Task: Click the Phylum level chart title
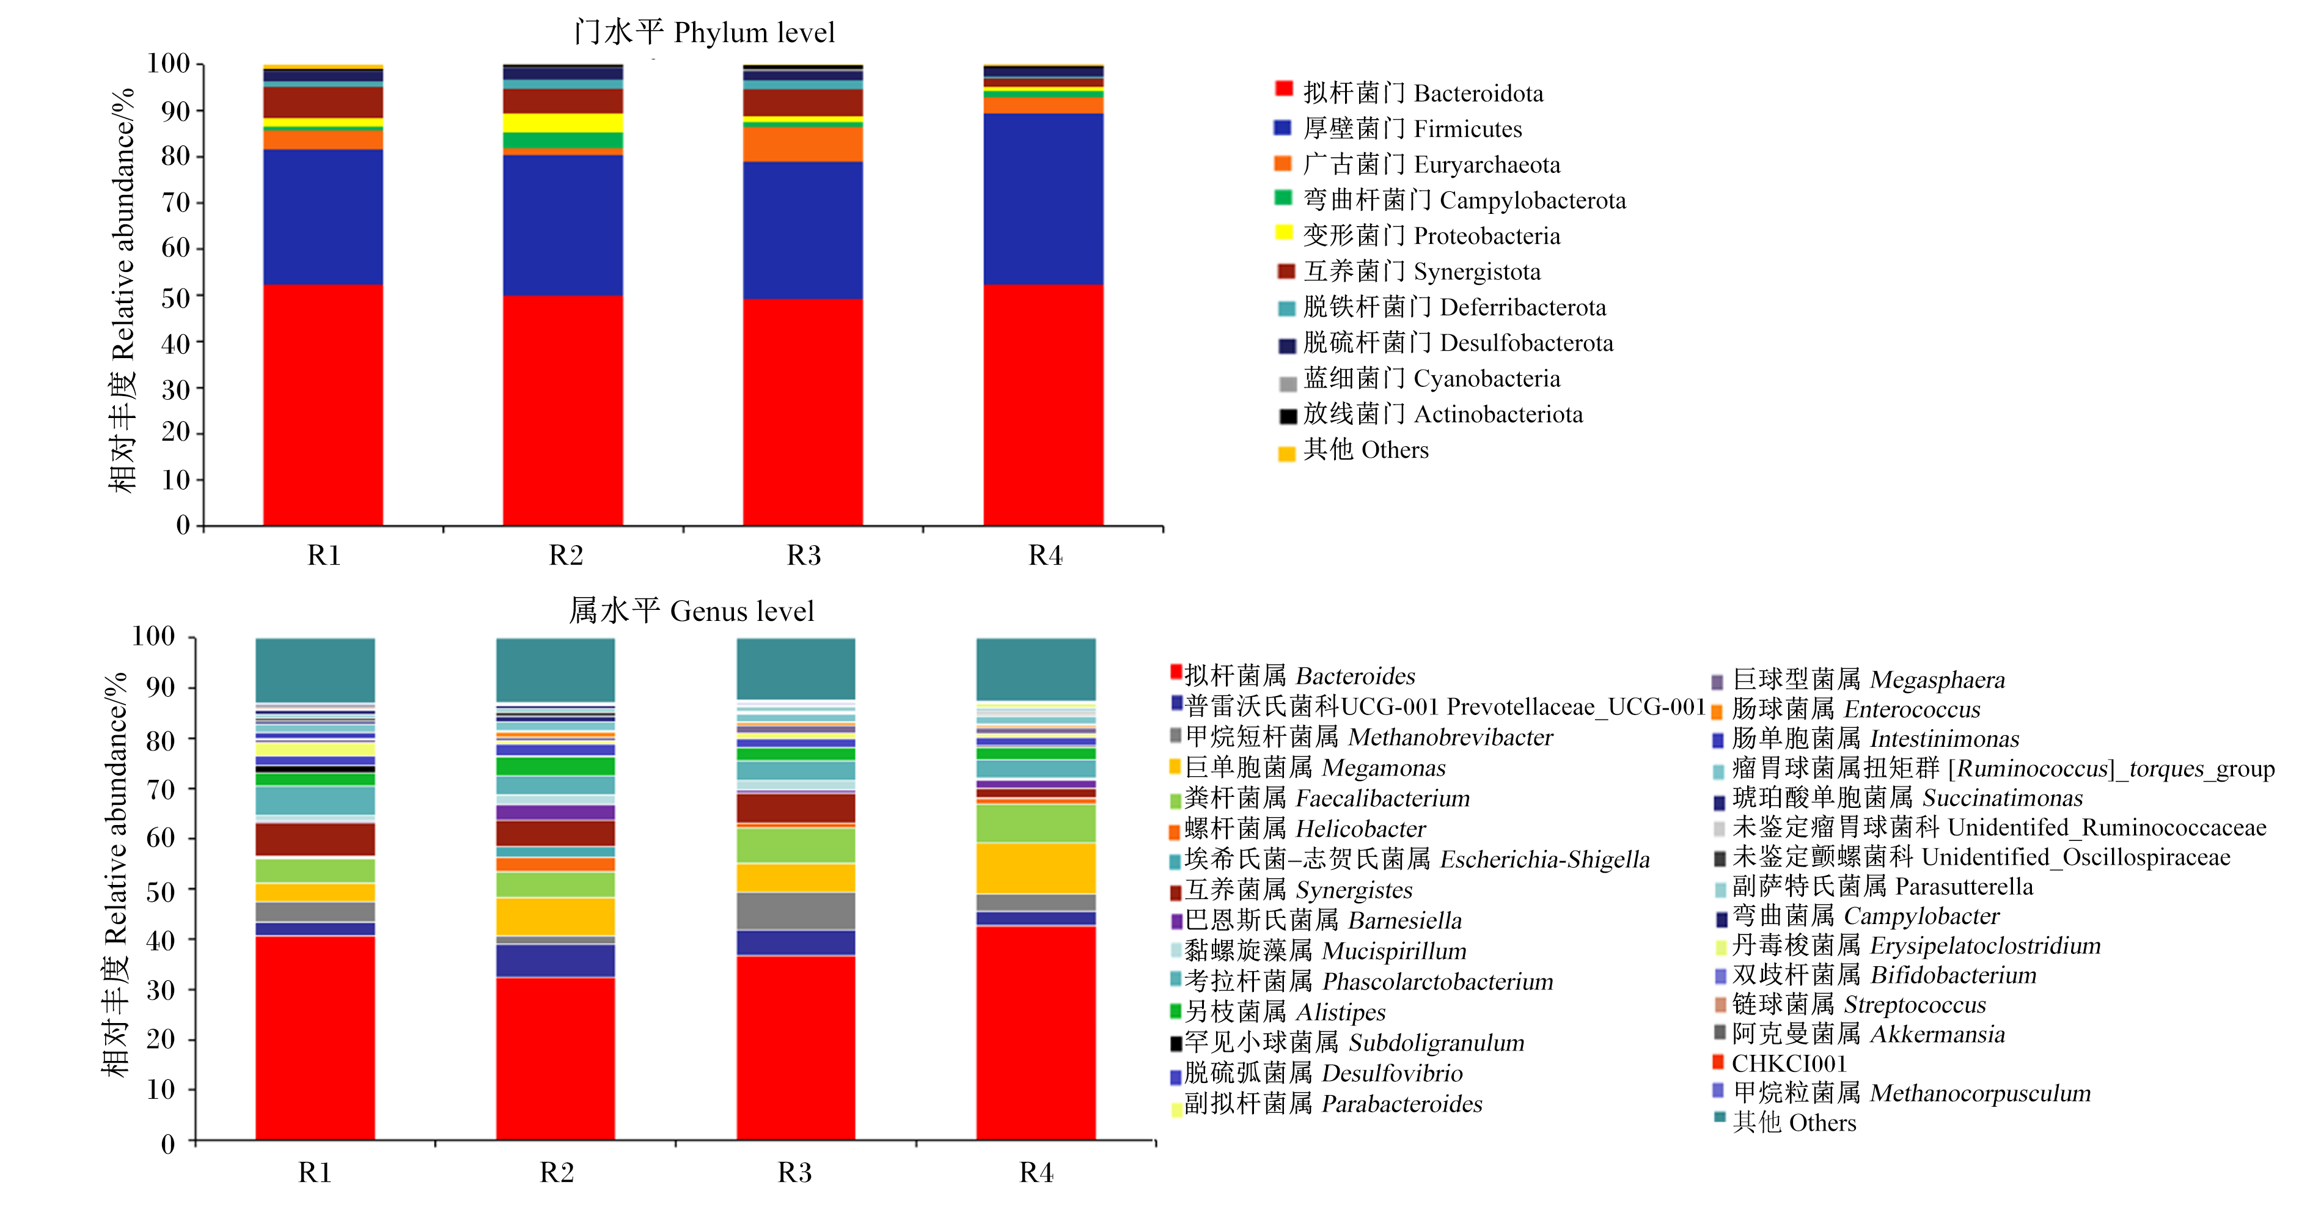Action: [704, 32]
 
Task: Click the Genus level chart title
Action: [691, 611]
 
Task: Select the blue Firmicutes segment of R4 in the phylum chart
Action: [1043, 199]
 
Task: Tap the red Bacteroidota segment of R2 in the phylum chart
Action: [563, 410]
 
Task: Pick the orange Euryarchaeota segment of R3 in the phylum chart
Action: [802, 144]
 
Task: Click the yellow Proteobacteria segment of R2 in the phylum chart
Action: [563, 123]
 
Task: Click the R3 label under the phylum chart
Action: [804, 555]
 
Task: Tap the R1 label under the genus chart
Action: [315, 1172]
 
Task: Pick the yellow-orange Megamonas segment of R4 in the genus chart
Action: [1036, 868]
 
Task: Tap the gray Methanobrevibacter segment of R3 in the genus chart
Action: [796, 911]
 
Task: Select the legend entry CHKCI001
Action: [1779, 1064]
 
